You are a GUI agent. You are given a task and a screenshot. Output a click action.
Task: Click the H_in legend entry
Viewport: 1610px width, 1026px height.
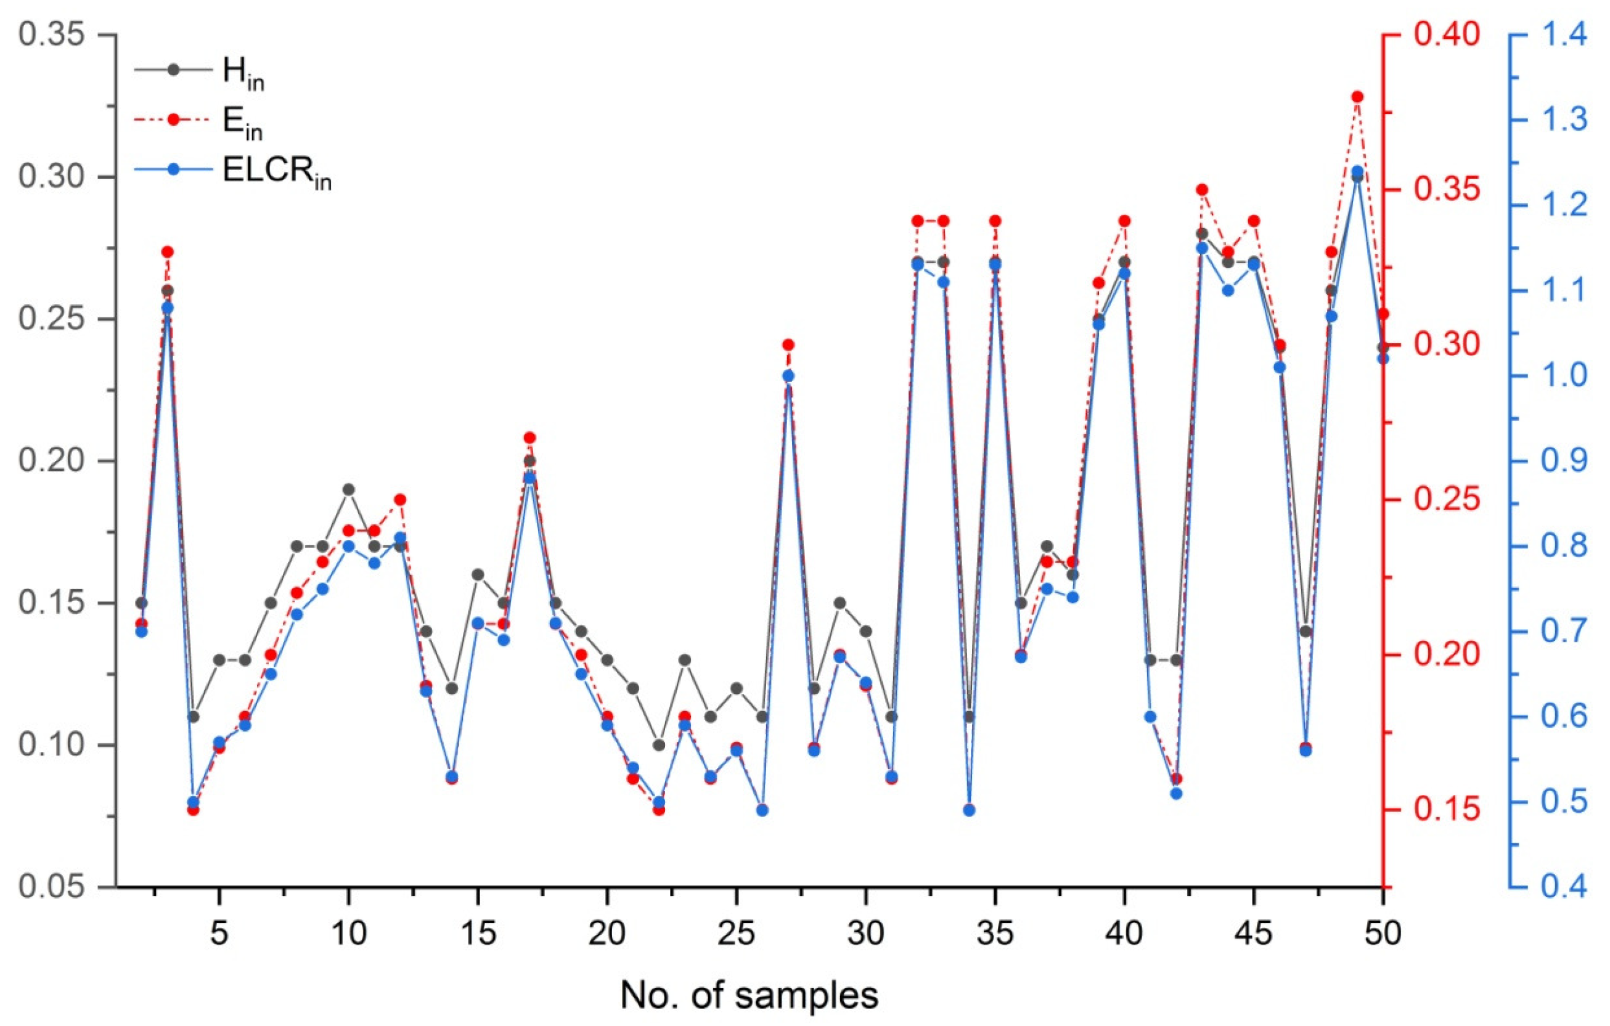point(200,71)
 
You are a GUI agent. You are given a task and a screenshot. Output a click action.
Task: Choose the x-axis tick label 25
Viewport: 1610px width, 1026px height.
point(736,934)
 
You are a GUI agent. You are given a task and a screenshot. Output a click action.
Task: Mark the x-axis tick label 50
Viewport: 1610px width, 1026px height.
point(1383,934)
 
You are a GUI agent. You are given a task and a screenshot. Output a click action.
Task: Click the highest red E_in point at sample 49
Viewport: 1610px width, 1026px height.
point(1357,97)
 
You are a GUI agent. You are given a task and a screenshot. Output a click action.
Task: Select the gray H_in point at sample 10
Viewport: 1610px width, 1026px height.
point(348,489)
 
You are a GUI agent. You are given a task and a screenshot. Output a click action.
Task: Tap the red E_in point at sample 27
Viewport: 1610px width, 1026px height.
point(788,345)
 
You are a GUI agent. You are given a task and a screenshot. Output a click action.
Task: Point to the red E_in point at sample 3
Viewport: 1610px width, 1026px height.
point(167,252)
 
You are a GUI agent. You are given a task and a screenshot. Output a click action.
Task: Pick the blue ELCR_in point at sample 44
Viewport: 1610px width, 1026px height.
point(1228,291)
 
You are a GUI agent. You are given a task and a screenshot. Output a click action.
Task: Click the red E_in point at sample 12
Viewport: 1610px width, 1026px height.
point(400,500)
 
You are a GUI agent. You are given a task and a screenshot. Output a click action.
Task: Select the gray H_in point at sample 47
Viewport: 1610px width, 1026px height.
point(1306,632)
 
